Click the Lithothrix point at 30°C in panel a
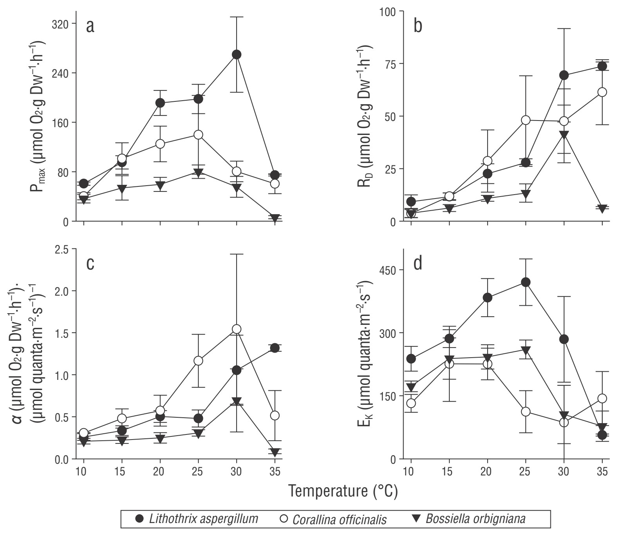[x=236, y=55]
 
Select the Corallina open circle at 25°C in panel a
[x=198, y=135]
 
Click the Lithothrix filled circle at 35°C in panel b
[x=602, y=66]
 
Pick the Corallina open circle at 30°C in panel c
[x=236, y=329]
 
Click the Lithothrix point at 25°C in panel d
[x=526, y=282]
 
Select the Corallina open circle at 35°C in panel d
[x=602, y=398]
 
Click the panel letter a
[x=90, y=27]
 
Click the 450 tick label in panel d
[x=388, y=270]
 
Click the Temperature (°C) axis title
[x=343, y=492]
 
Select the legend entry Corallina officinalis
[x=339, y=520]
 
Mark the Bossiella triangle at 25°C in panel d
[x=526, y=350]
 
